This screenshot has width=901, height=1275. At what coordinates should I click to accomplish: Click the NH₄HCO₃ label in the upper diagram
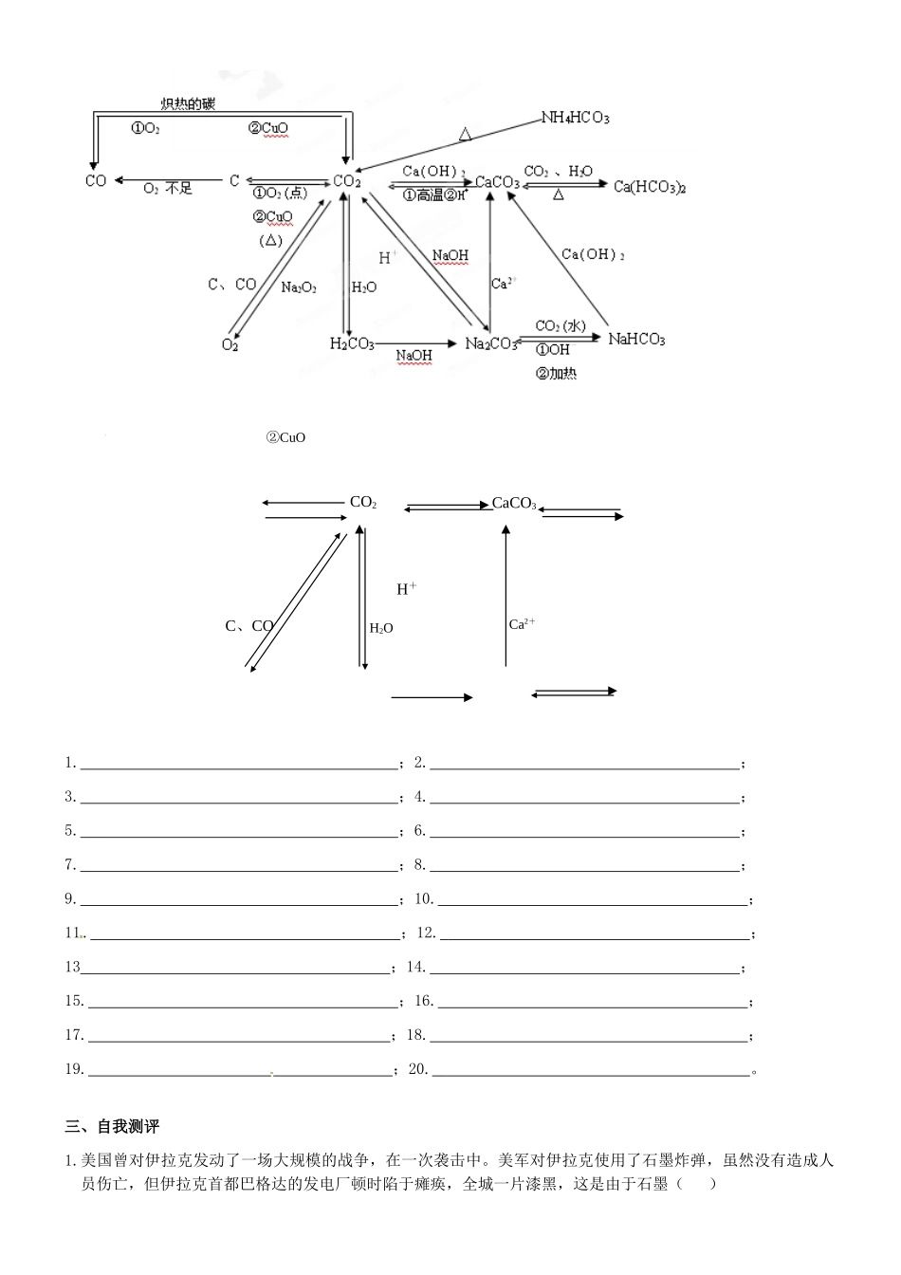pos(575,118)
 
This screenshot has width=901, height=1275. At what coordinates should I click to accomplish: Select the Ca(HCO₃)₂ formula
pos(650,187)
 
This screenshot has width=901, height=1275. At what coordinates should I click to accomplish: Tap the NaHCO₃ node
pos(636,340)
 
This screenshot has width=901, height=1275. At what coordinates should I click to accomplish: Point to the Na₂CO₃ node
pos(491,343)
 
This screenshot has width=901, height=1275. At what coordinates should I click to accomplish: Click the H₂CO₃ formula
pos(352,343)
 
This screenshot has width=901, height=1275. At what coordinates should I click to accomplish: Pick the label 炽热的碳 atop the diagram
pos(188,103)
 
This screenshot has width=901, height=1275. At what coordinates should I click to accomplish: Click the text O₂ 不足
pos(168,189)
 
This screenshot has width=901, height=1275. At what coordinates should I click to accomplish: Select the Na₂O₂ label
pos(299,287)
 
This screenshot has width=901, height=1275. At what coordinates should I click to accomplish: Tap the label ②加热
pos(557,374)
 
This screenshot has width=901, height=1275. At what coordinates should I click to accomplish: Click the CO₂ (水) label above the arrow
pos(561,326)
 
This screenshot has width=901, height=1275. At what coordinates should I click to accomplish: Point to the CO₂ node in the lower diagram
pos(363,503)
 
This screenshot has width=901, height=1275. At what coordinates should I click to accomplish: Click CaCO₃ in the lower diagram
pos(514,503)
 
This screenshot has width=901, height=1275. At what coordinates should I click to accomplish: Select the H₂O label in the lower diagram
pos(381,628)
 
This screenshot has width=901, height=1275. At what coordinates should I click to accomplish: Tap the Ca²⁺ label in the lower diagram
pos(523,624)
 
